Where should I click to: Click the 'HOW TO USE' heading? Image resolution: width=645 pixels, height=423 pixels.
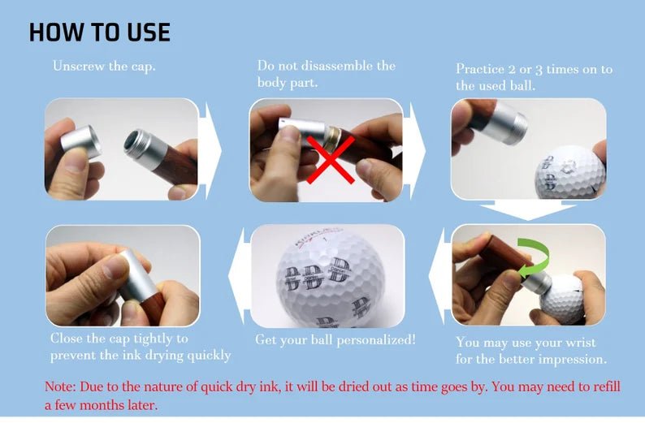coord(100,32)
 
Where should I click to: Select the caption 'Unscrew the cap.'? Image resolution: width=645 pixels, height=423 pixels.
coord(104,67)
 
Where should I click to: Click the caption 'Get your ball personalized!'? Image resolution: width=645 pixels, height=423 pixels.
coord(335,339)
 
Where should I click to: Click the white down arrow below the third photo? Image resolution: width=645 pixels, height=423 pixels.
coord(528,211)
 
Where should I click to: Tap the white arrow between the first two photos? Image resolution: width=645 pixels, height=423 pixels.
coord(213,150)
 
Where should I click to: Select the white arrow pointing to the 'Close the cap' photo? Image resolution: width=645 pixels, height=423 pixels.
coord(236,276)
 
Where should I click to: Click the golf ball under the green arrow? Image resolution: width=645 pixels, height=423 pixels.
coord(563,297)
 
